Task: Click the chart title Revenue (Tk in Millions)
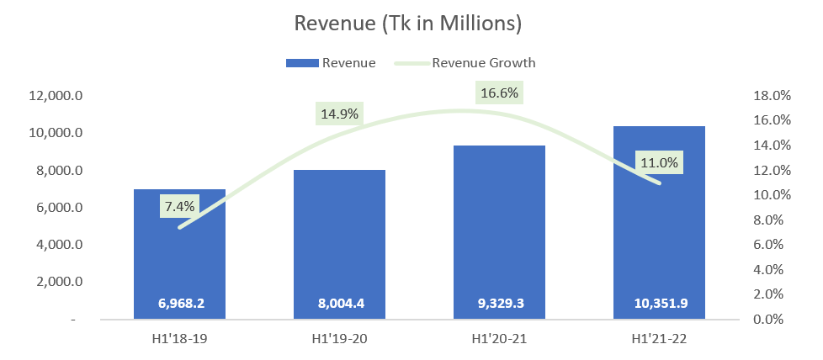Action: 408,24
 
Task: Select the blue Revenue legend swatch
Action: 302,63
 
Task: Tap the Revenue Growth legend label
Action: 483,63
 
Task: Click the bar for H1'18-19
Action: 179,254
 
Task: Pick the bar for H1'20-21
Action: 499,232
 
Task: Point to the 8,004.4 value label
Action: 339,303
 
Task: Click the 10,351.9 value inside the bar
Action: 659,303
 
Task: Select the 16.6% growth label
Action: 499,93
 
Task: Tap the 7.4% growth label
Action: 179,206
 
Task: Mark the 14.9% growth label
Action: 339,114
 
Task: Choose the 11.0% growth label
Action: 659,162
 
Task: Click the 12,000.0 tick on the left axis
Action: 56,96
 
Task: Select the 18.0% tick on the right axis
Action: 773,96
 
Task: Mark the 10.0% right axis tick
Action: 773,195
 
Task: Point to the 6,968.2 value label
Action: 179,303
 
